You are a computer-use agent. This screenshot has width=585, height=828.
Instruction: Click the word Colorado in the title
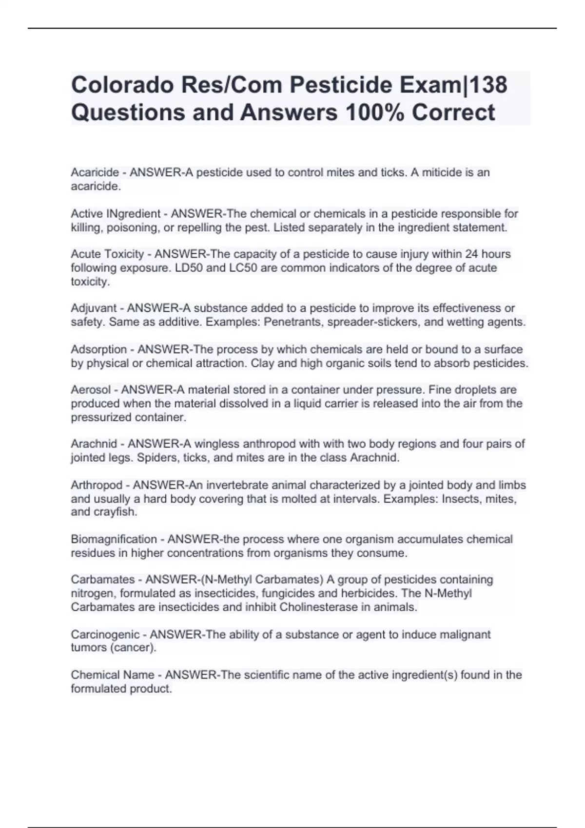[122, 85]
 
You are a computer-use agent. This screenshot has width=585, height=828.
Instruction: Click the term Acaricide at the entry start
[95, 172]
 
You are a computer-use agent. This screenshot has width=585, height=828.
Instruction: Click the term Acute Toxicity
[107, 254]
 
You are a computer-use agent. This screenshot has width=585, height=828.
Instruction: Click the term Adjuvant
[94, 308]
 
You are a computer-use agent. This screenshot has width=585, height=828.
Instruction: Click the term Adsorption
[99, 349]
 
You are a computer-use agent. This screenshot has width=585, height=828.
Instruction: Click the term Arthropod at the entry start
[97, 485]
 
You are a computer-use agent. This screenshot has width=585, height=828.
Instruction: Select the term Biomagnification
[114, 539]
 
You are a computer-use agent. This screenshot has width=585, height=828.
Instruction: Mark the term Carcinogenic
[105, 635]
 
